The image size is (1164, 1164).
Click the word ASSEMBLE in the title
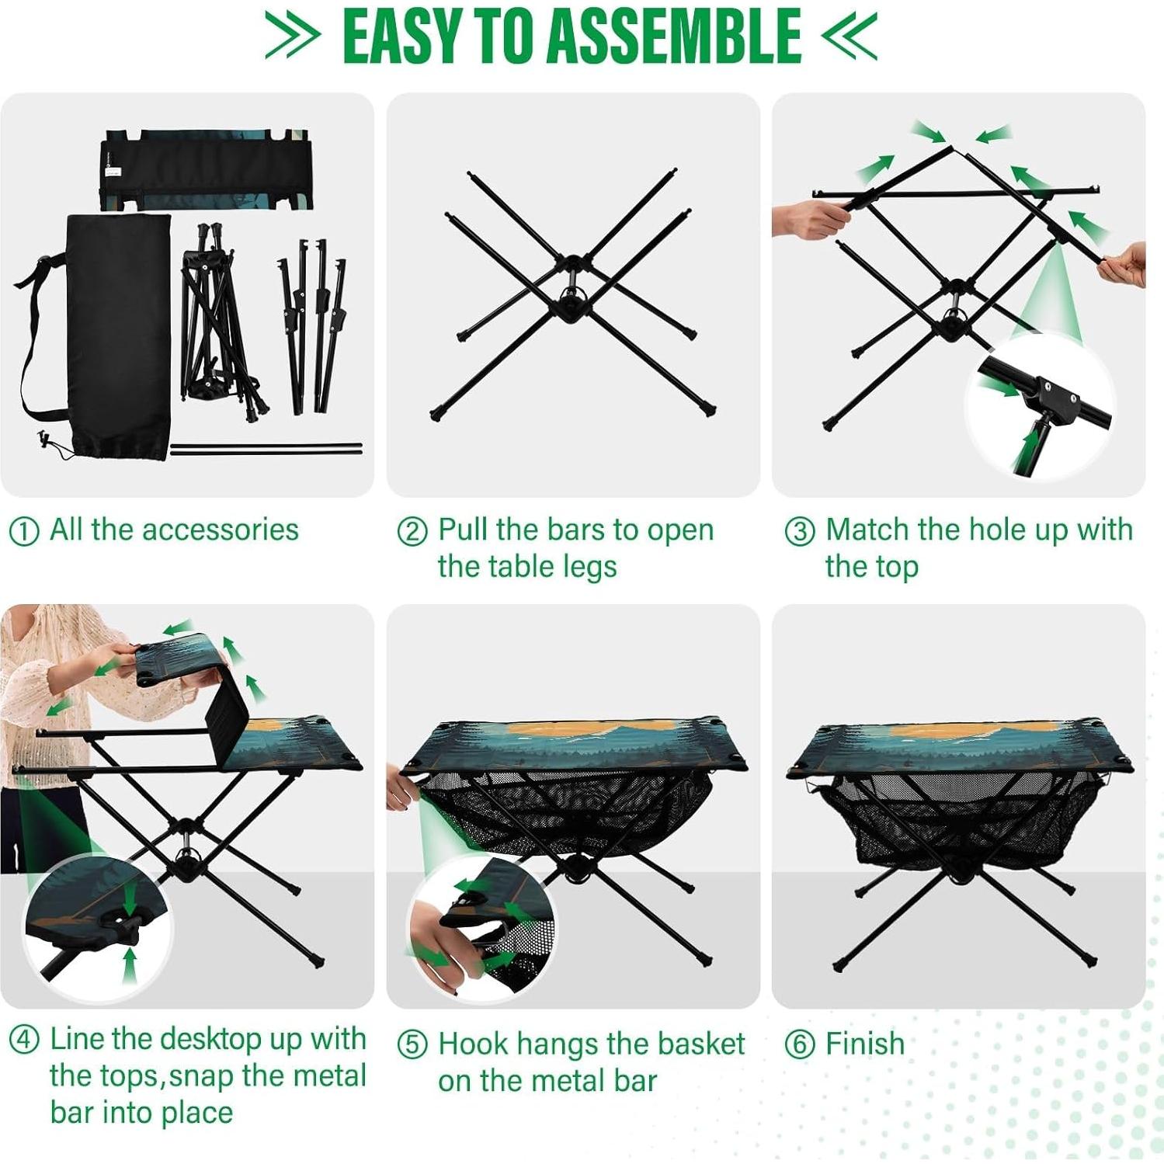[673, 36]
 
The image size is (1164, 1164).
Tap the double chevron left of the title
[292, 36]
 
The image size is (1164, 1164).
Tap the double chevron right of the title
[850, 36]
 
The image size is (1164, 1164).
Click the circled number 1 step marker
[23, 532]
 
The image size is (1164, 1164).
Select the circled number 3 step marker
[799, 532]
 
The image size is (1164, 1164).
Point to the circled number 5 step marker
[412, 1045]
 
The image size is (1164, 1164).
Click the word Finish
[864, 1044]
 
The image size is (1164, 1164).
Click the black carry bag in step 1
[116, 334]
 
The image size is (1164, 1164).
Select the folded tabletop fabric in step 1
[206, 169]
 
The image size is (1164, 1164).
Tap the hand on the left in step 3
[808, 218]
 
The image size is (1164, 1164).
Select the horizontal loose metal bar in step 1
[266, 448]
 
